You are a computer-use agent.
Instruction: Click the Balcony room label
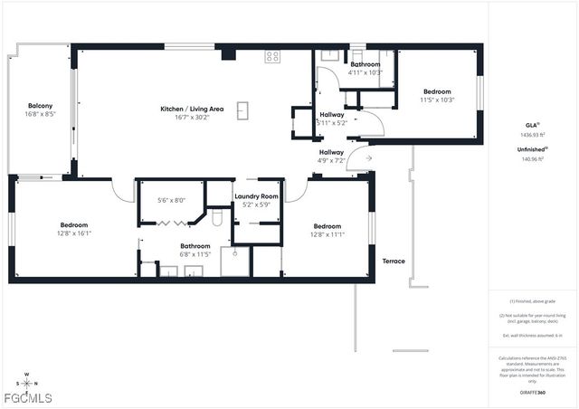[x=41, y=106]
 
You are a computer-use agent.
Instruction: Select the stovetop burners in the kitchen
[x=272, y=56]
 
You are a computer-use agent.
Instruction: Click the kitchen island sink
[x=243, y=110]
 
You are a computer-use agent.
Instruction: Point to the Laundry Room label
[x=257, y=196]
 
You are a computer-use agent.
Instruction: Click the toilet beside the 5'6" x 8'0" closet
[x=217, y=218]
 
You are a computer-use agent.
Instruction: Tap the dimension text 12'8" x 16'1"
[x=74, y=233]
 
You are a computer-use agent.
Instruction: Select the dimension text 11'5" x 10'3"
[x=438, y=100]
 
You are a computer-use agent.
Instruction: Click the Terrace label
[x=394, y=262]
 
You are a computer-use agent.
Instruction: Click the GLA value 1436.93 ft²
[x=532, y=134]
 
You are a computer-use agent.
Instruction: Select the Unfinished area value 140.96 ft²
[x=532, y=158]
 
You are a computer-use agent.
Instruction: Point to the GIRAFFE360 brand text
[x=532, y=393]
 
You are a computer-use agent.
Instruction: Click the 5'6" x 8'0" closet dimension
[x=171, y=200]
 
